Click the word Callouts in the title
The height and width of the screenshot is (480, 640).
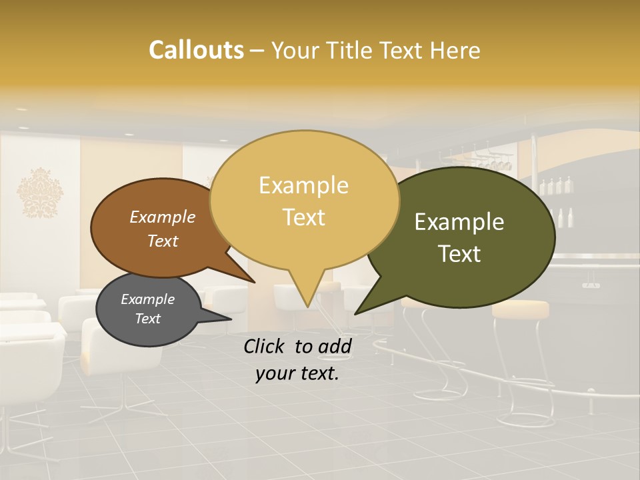coord(196,50)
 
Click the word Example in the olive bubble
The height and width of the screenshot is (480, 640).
coord(459,222)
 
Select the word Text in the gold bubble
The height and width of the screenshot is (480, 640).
coord(304,217)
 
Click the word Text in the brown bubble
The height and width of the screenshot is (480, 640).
coord(163,241)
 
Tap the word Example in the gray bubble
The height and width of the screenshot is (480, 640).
coord(147,299)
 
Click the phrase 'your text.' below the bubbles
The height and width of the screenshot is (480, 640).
coord(297,373)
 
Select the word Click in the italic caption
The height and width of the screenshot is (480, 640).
coord(266,346)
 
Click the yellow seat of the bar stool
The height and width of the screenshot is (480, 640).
coord(520,308)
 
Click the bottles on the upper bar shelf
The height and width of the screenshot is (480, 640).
coord(556,185)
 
